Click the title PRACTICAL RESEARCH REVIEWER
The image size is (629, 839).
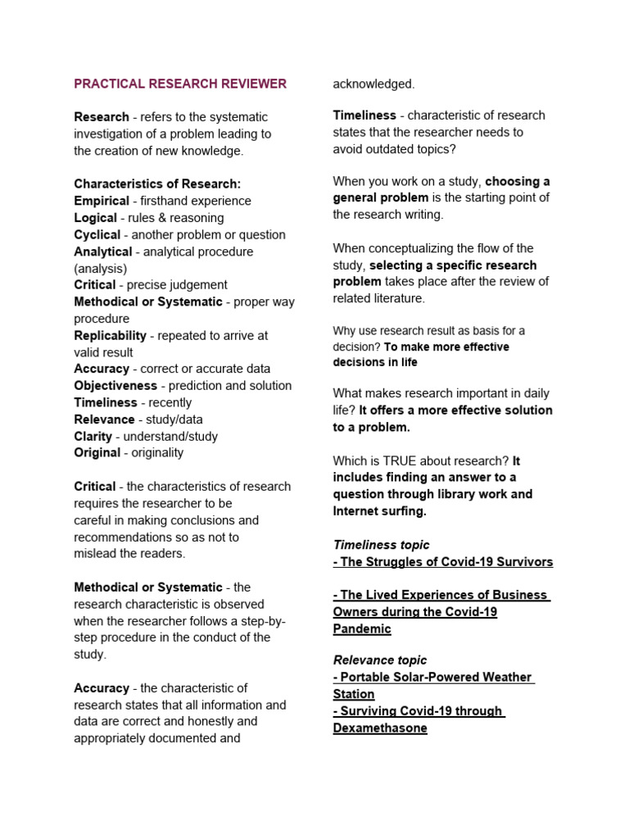(x=180, y=84)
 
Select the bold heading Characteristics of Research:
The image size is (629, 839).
(x=157, y=184)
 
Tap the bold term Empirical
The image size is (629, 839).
(x=102, y=201)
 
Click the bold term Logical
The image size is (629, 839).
(x=96, y=218)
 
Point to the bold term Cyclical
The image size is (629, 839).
(x=97, y=234)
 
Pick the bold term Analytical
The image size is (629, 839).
(x=103, y=252)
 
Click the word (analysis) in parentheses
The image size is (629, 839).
(x=101, y=268)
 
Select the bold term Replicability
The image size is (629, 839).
(x=111, y=335)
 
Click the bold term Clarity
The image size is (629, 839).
(x=93, y=436)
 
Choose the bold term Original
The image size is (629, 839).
(x=97, y=452)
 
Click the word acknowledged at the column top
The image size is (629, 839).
(x=373, y=84)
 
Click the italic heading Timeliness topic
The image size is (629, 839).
(x=381, y=545)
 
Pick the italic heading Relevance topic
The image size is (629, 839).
(x=380, y=660)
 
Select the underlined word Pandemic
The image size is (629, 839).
(x=362, y=629)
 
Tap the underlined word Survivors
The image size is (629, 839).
(x=521, y=562)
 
